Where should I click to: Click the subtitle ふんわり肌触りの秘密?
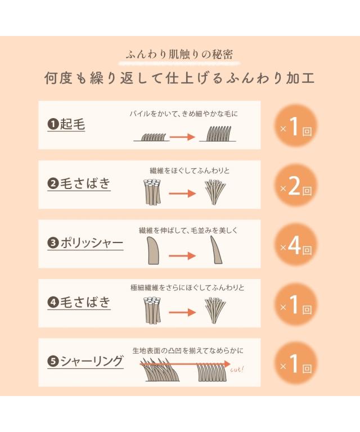point(179,55)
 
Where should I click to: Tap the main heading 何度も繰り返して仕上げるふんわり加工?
point(179,78)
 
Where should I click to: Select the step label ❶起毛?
point(66,124)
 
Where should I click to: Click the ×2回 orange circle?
point(296,186)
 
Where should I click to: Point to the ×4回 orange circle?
point(296,245)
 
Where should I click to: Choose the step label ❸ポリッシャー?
point(85,243)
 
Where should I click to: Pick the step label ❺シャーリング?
point(85,361)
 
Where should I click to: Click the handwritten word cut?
point(237,369)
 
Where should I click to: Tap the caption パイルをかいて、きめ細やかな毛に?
point(184,114)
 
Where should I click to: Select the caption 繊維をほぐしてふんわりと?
point(190,171)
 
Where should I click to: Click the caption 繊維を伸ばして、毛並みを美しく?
point(188,230)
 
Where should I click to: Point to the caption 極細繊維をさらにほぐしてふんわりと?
point(187,288)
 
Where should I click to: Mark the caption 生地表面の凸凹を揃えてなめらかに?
point(188,350)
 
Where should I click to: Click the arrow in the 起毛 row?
point(182,137)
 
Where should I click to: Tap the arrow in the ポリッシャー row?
point(182,256)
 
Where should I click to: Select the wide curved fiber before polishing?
point(154,251)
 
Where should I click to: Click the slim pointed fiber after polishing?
point(216,250)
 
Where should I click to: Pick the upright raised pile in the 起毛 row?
point(218,134)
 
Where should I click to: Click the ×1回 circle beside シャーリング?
point(296,364)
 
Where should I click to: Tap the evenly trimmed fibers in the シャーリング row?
point(212,372)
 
